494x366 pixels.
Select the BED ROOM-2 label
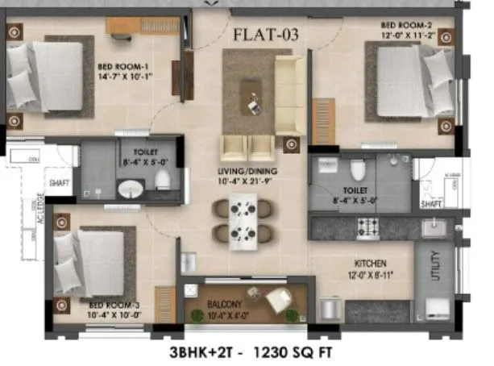point(409,26)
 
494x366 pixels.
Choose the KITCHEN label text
point(368,263)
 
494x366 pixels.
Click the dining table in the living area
point(241,220)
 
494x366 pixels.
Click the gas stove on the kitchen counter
point(369,227)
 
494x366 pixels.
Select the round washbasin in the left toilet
point(130,190)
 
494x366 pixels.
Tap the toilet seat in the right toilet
point(358,171)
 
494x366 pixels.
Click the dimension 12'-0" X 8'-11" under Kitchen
point(368,274)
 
